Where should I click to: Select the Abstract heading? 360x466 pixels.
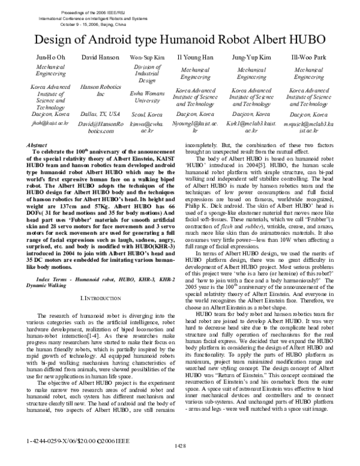point(38,146)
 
